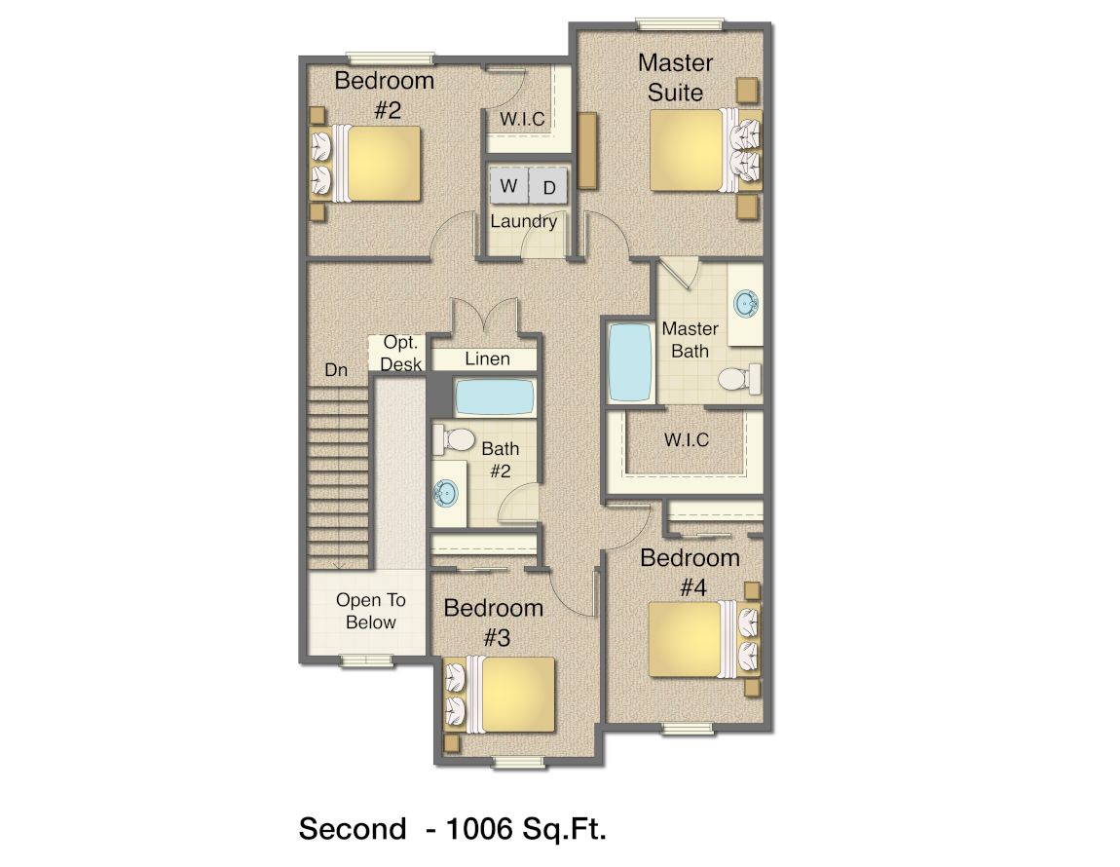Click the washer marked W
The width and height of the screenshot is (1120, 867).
click(x=508, y=186)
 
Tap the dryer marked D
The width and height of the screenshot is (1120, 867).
click(x=548, y=187)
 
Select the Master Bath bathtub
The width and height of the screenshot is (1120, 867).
click(x=629, y=362)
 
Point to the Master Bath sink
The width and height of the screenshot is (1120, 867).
click(x=746, y=304)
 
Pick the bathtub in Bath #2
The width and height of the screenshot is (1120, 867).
click(x=495, y=397)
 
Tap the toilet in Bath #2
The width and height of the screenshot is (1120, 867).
click(x=454, y=438)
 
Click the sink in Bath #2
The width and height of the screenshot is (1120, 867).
click(x=446, y=493)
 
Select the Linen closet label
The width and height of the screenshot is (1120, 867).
click(x=487, y=358)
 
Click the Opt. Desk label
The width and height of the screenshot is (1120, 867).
click(x=400, y=353)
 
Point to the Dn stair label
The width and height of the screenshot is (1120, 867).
click(x=336, y=369)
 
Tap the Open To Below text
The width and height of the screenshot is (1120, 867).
click(x=371, y=611)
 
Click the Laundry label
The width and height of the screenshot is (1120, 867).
click(x=524, y=221)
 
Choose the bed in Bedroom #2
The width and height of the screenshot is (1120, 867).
click(x=365, y=163)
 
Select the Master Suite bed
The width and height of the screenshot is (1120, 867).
click(x=705, y=149)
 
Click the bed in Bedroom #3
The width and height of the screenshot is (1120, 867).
click(x=500, y=695)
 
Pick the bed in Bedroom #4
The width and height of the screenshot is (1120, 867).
click(x=704, y=638)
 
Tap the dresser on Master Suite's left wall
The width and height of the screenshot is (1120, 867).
click(x=586, y=150)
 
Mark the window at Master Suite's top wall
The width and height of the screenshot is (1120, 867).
click(x=681, y=24)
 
